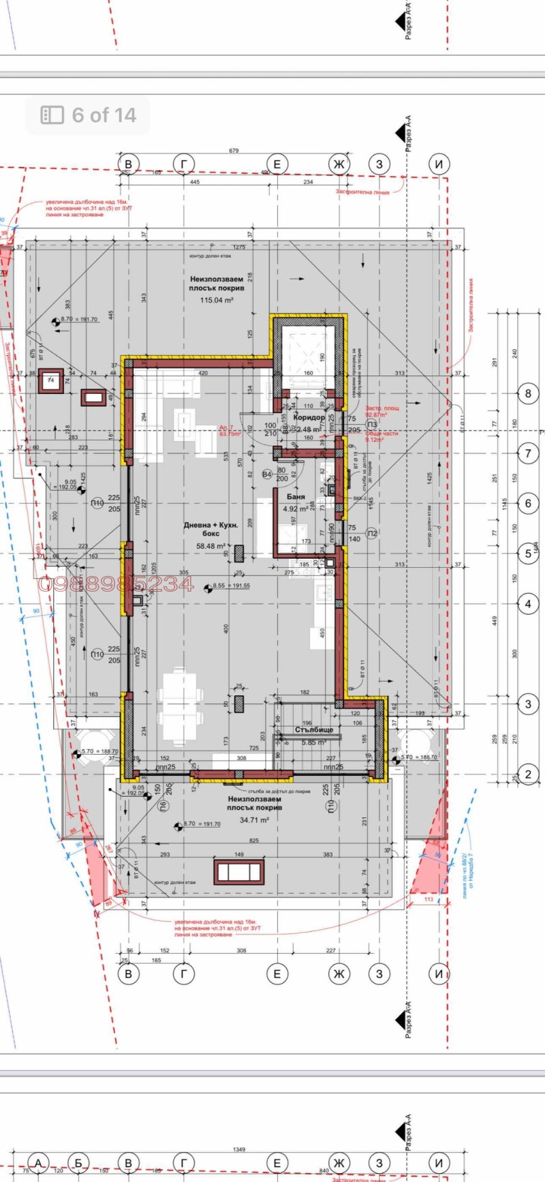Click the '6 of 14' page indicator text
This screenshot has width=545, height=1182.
[x=104, y=115]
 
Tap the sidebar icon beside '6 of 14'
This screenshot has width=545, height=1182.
[x=52, y=115]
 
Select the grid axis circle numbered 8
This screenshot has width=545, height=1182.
[x=528, y=393]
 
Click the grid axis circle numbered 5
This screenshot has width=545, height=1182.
[x=528, y=554]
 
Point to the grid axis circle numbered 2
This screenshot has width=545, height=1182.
[x=528, y=774]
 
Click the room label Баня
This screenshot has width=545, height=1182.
[x=296, y=498]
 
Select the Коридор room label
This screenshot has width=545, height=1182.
[x=309, y=417]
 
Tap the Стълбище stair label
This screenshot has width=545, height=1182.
[x=314, y=730]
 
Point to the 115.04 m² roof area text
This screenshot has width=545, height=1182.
[x=217, y=300]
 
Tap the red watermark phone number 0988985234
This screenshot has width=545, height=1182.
[x=116, y=584]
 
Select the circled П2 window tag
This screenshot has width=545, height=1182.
[x=371, y=533]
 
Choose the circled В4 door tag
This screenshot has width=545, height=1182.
[x=268, y=474]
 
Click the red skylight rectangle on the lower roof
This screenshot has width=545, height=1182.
[x=238, y=872]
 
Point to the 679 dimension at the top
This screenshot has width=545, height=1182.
[x=234, y=151]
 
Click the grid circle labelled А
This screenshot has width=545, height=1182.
[x=40, y=1162]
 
